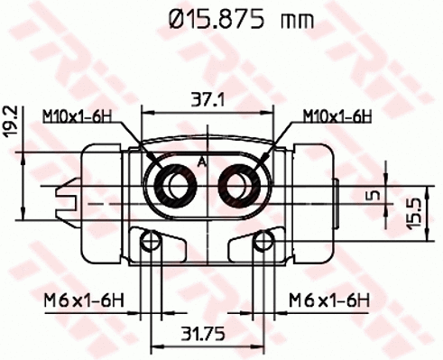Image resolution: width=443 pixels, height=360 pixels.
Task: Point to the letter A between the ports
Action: (x=202, y=162)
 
